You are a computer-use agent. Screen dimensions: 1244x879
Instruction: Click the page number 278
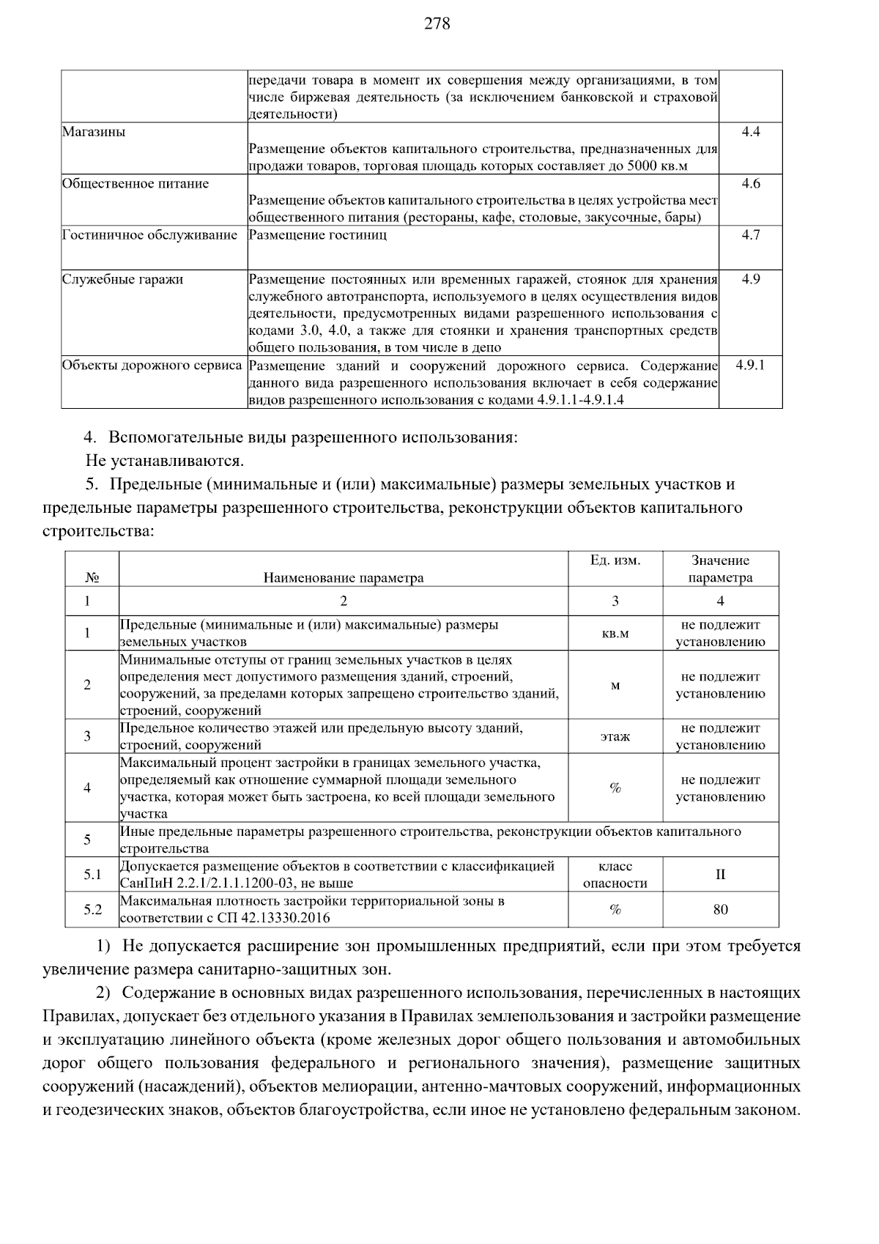[x=437, y=24]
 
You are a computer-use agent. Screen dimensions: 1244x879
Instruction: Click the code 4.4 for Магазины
[x=751, y=132]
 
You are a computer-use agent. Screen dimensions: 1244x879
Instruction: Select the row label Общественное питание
[x=136, y=184]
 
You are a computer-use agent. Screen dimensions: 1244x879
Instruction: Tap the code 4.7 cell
[x=751, y=235]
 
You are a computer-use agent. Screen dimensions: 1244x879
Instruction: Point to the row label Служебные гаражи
[x=122, y=280]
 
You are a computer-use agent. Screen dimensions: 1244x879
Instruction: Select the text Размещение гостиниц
[x=318, y=235]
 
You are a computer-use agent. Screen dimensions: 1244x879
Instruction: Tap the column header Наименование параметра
[x=344, y=578]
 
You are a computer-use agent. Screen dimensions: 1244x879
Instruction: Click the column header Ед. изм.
[x=615, y=560]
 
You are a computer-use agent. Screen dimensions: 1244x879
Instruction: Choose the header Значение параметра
[x=721, y=569]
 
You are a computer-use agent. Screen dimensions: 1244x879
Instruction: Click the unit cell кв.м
[x=615, y=634]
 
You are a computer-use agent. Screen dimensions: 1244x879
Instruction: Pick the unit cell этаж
[x=615, y=737]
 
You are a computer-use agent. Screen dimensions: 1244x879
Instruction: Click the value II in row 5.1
[x=721, y=875]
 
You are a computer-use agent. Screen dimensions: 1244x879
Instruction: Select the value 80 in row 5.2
[x=721, y=910]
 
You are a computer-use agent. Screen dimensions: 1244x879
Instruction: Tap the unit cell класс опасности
[x=615, y=875]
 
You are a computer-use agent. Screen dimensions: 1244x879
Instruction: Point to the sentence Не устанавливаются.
[x=165, y=461]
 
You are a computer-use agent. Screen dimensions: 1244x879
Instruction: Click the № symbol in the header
[x=92, y=578]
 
